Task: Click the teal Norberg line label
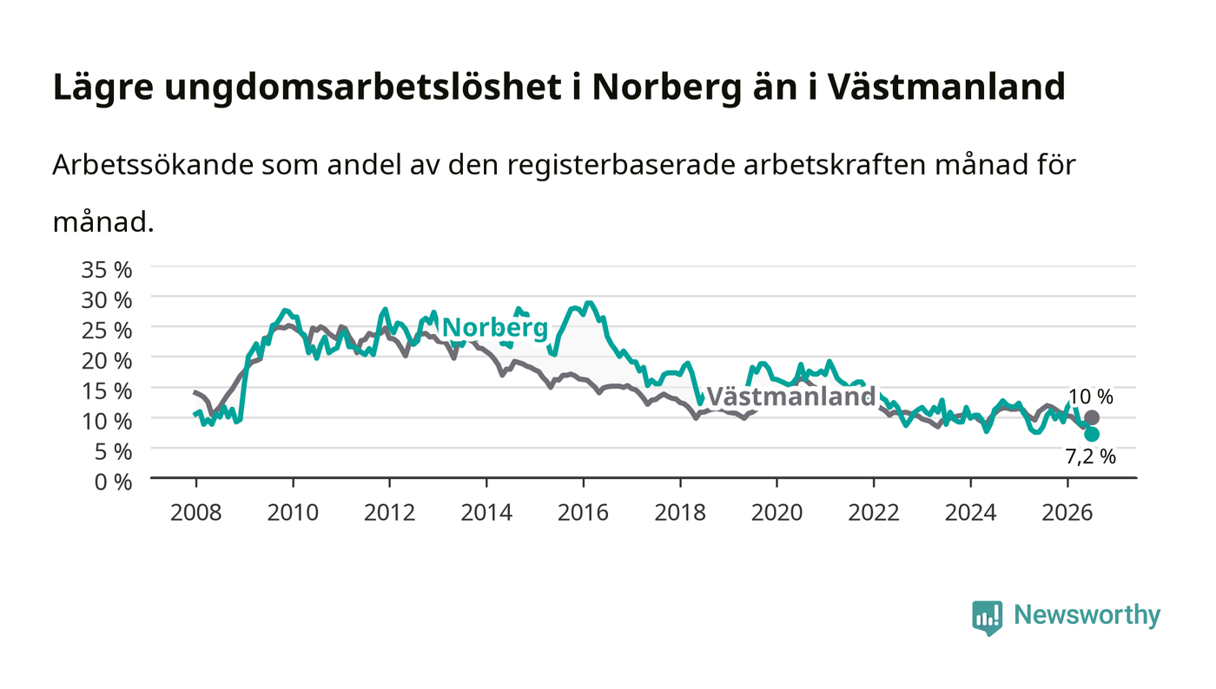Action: (x=495, y=328)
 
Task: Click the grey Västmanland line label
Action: (x=791, y=396)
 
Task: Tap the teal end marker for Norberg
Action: (x=1092, y=434)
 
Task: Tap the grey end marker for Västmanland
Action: (x=1092, y=417)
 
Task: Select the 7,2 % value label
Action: (x=1091, y=456)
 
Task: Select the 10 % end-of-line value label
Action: (x=1091, y=397)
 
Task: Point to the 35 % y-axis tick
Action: (x=106, y=270)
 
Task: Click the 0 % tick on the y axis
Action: (x=113, y=482)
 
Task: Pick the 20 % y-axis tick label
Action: (x=106, y=361)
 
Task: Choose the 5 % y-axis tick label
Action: (x=113, y=451)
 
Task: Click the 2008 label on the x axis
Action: (x=196, y=512)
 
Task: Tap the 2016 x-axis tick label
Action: (x=583, y=512)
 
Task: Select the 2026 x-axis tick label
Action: (x=1067, y=512)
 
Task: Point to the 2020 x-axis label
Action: (x=777, y=512)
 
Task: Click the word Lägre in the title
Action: (x=103, y=88)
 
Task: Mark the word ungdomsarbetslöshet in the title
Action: (x=363, y=87)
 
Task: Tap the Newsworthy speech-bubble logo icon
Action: (x=987, y=618)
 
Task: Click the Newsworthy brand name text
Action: (x=1087, y=615)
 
